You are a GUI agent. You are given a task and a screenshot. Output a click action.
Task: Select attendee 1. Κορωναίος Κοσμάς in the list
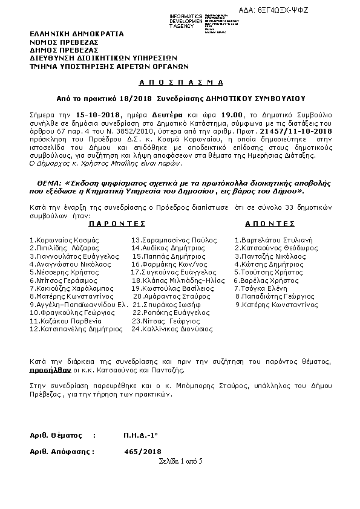[64, 240]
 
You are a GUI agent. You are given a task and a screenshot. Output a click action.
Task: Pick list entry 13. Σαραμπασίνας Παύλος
[170, 240]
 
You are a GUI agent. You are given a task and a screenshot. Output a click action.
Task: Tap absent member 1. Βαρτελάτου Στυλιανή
[273, 240]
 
